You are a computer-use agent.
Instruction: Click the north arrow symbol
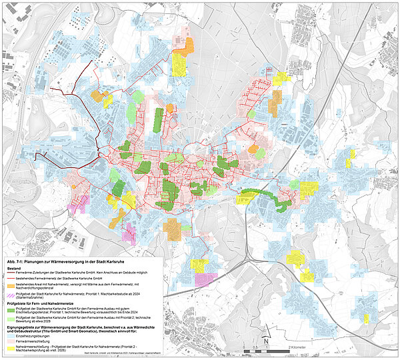pos(265,341)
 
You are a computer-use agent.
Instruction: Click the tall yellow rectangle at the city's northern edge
pos(178,63)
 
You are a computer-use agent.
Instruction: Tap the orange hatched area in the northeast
pos(274,101)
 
